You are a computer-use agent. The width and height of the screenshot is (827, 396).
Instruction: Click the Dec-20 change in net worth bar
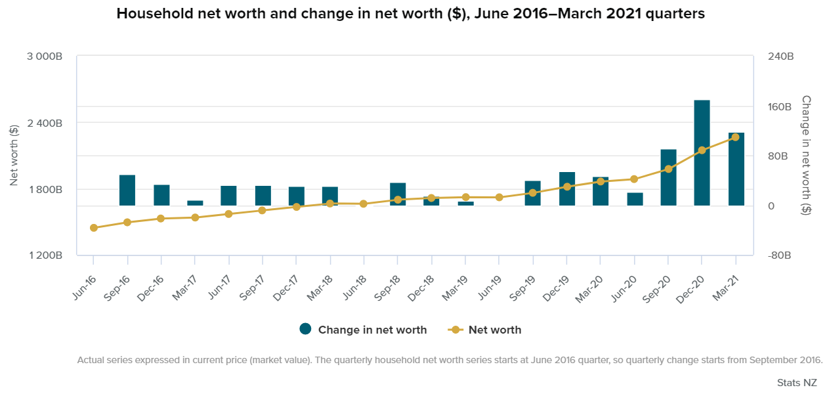pos(702,152)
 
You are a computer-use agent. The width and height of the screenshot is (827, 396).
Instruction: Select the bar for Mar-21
pos(736,169)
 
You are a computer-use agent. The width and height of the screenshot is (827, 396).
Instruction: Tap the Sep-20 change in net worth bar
pos(668,177)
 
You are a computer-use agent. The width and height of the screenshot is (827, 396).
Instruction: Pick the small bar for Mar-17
pos(195,203)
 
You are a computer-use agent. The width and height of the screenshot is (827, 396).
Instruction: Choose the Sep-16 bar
pos(127,190)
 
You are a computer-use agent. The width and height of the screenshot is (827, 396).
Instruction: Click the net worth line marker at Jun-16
pos(94,228)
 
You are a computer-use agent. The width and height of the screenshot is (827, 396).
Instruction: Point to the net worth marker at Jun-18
pos(364,204)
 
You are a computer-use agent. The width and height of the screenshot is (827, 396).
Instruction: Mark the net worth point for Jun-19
pos(499,197)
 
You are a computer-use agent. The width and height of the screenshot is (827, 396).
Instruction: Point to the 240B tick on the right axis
pos(780,57)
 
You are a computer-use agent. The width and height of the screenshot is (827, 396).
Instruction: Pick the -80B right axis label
pos(780,255)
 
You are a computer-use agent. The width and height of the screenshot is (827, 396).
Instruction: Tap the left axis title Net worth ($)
pos(14,156)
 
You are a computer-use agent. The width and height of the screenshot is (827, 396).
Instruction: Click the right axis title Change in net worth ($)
pos(806,155)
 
